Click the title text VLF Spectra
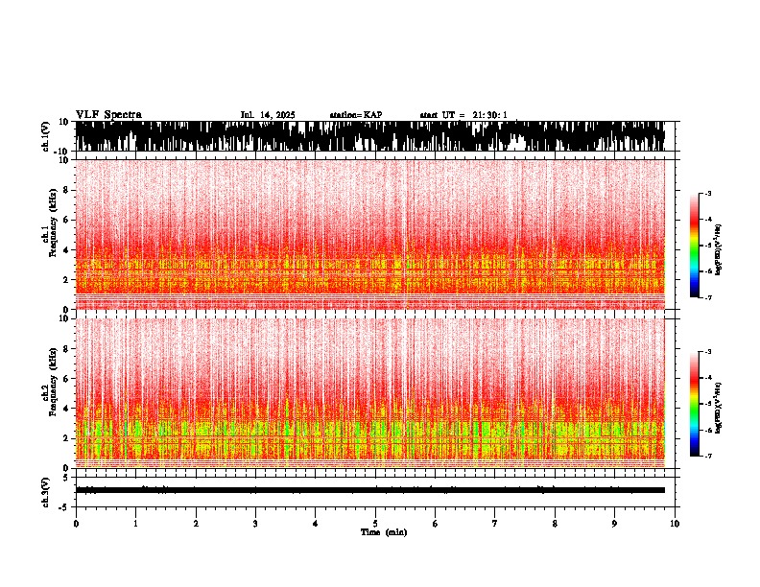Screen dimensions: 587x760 coord(108,115)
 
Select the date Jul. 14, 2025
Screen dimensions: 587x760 coord(267,115)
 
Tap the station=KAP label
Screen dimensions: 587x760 coord(355,115)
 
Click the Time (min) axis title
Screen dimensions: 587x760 coord(383,531)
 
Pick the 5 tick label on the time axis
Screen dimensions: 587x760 coord(375,524)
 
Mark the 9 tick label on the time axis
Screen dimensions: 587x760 coord(615,524)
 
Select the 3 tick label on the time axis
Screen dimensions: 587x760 coord(255,524)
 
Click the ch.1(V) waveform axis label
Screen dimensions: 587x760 coord(45,136)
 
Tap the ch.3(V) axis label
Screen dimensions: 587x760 coord(45,490)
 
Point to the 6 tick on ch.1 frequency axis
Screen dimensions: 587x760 coord(64,221)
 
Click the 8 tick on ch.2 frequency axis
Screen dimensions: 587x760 coord(64,348)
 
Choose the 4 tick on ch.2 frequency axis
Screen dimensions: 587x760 coord(64,409)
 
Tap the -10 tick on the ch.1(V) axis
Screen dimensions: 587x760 coord(59,151)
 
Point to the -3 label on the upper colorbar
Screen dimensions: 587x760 coord(707,194)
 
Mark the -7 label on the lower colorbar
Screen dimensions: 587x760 coord(707,457)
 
